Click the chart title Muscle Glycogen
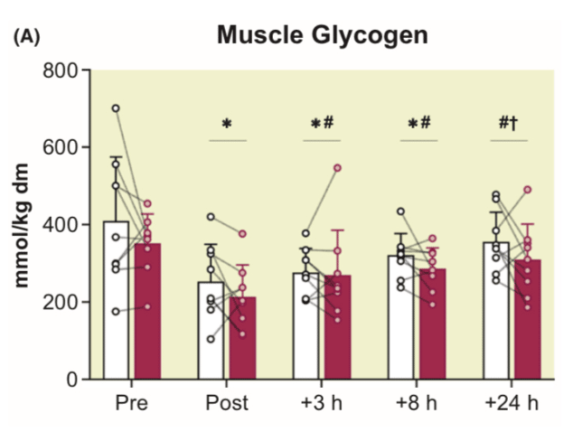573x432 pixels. [x=321, y=35]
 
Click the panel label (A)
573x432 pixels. [x=28, y=38]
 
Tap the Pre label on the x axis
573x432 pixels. [x=132, y=402]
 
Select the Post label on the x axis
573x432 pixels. [x=228, y=402]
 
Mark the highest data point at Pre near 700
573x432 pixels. [x=116, y=108]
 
